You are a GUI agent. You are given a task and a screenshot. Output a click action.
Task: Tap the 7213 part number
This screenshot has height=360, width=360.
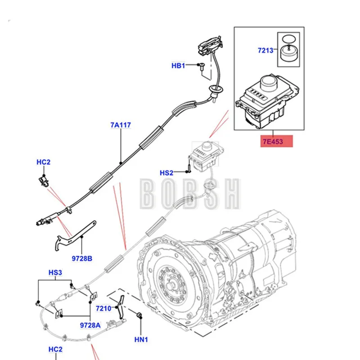(x=265, y=50)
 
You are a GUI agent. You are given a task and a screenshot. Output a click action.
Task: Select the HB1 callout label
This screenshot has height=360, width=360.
(x=178, y=66)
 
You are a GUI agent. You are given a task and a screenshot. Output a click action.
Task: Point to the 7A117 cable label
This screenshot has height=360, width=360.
(x=121, y=125)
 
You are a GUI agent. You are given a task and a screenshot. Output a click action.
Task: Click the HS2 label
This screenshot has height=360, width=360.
(x=166, y=173)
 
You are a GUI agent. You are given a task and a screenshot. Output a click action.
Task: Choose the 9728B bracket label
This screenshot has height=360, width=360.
(x=82, y=258)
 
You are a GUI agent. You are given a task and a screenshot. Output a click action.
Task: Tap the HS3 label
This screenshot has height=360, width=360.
(x=55, y=273)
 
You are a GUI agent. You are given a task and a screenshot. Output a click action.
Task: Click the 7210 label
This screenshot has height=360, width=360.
(x=103, y=308)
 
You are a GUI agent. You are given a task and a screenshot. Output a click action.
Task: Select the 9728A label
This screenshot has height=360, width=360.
(x=90, y=325)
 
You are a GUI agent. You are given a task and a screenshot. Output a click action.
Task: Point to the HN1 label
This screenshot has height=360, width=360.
(x=141, y=339)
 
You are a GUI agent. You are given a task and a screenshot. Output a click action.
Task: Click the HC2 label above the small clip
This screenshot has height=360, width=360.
(x=43, y=162)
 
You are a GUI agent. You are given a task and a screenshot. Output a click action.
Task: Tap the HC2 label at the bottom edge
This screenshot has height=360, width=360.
(x=55, y=349)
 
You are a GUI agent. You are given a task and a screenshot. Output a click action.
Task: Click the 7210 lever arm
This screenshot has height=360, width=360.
(x=121, y=307)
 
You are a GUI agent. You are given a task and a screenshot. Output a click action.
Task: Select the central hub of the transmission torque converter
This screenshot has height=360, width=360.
(x=171, y=286)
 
